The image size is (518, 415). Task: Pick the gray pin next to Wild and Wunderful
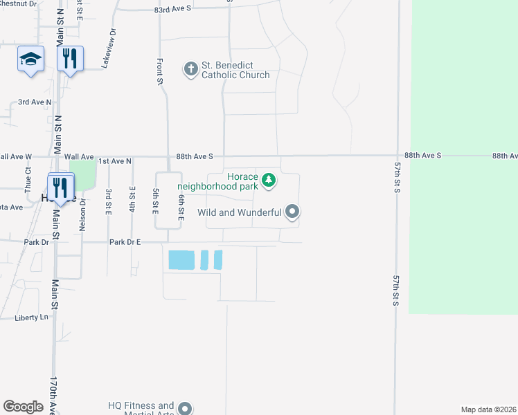(x=292, y=212)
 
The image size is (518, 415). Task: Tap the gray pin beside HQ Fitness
(x=185, y=409)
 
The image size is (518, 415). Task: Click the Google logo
(x=23, y=407)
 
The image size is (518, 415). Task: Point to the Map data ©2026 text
(x=488, y=409)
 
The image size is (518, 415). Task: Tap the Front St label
(x=160, y=72)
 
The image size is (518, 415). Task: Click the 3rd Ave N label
(x=35, y=102)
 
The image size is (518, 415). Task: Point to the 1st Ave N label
(x=115, y=160)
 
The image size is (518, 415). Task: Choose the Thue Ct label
(x=28, y=179)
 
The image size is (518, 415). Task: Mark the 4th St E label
(x=132, y=200)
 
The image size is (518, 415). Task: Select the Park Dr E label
(x=125, y=242)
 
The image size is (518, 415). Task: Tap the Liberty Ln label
(x=32, y=317)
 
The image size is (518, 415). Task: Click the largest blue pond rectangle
(x=181, y=260)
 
